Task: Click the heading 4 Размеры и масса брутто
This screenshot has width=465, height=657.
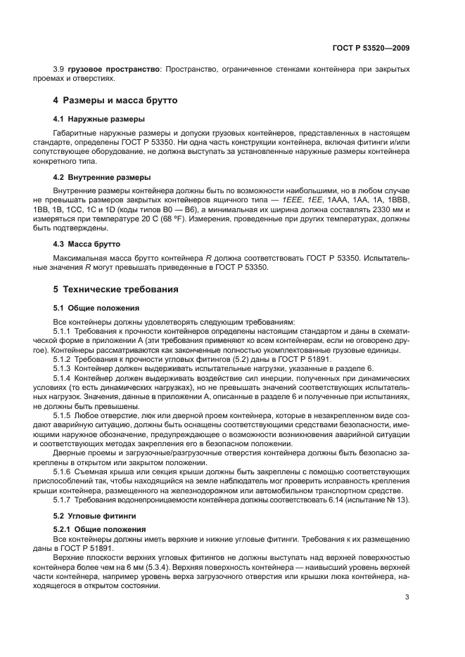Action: [x=115, y=100]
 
